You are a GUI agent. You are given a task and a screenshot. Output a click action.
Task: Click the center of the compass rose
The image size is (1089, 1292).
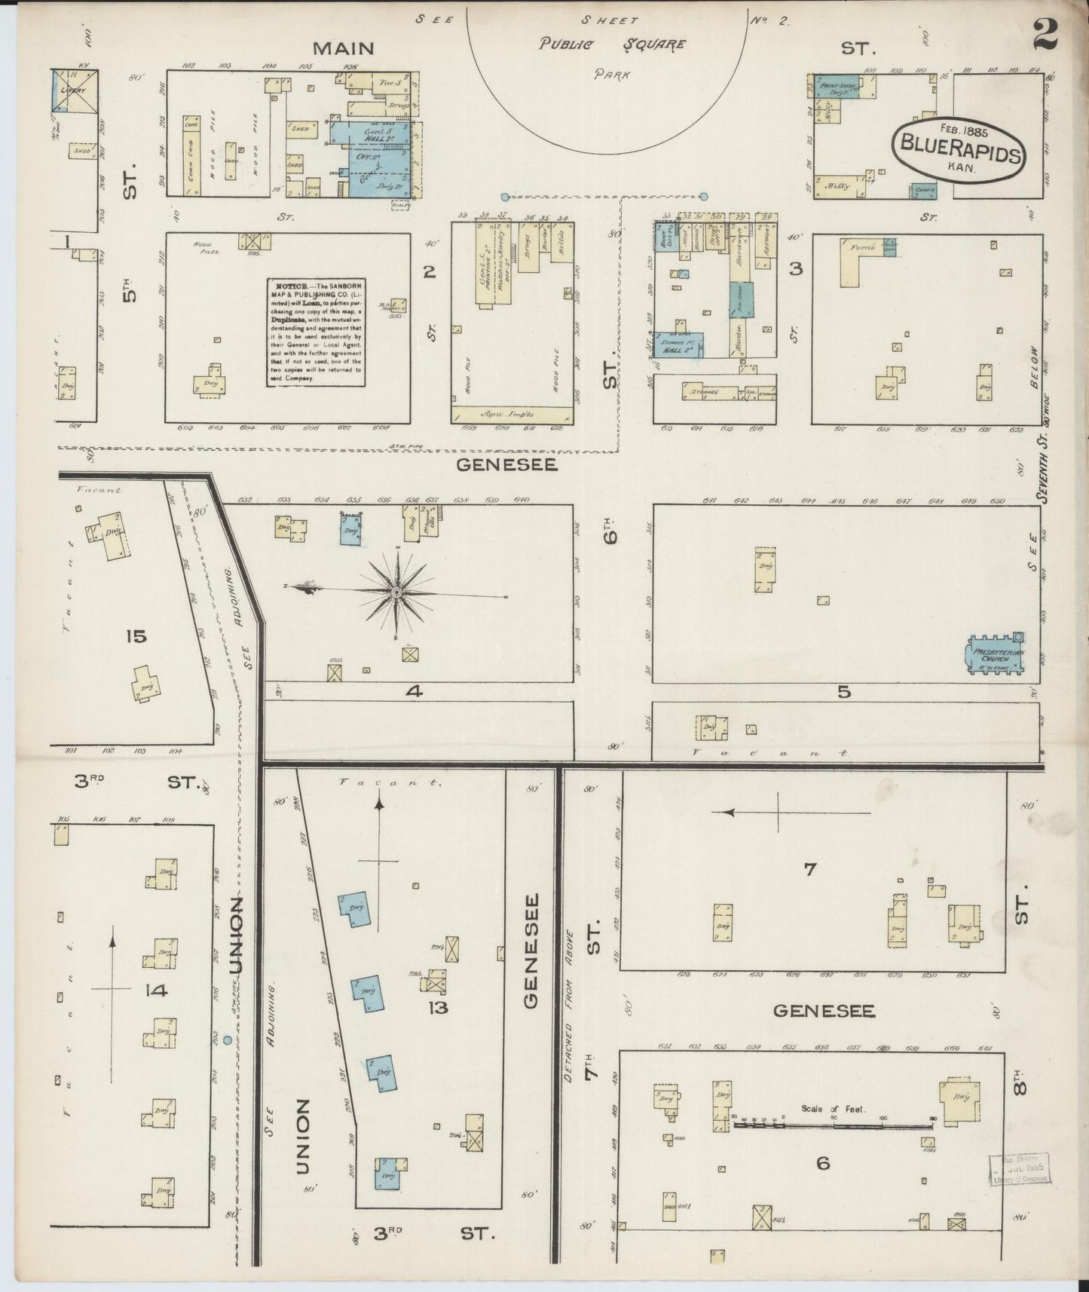[396, 593]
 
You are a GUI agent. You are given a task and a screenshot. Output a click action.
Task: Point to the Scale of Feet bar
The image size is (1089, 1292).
[833, 1126]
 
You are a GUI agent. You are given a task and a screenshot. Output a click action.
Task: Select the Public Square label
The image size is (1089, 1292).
[612, 44]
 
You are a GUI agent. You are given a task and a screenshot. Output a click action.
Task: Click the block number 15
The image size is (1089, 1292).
[136, 636]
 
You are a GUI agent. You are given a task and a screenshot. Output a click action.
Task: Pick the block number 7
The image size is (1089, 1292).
[809, 869]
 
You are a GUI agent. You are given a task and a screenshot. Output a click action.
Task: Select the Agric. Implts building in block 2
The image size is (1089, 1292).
[512, 413]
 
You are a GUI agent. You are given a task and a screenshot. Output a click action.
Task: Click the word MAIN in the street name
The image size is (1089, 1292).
[344, 48]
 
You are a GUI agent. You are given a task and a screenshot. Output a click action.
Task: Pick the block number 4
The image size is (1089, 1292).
[413, 689]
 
